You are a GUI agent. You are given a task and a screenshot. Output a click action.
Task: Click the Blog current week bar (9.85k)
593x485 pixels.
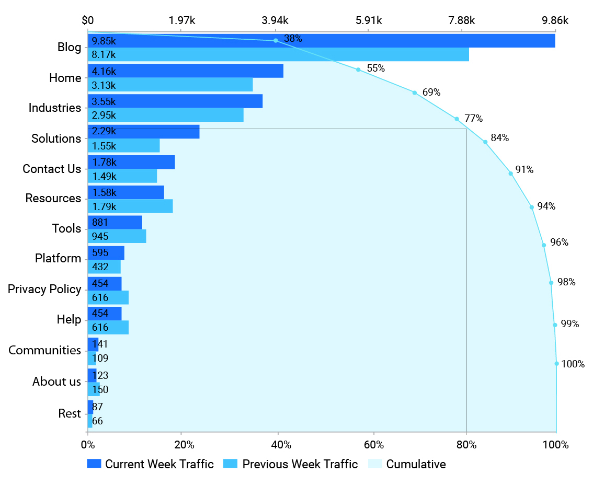coord(321,41)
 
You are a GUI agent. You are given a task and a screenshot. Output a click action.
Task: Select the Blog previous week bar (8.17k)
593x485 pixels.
coord(278,54)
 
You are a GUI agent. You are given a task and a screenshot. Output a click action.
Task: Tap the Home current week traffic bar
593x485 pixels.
coord(186,71)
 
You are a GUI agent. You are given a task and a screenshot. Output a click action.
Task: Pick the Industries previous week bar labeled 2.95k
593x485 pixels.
coord(166,115)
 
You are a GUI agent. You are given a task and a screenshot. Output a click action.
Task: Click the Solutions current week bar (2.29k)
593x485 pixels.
coord(144,132)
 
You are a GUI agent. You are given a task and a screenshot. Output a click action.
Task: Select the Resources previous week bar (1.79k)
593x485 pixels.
coord(130,206)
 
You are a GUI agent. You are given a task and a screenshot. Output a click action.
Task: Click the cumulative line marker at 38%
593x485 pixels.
coord(276,41)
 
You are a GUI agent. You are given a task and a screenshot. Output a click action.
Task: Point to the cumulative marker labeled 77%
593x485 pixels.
coord(457,119)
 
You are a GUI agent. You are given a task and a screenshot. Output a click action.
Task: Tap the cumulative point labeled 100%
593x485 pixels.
coord(556,364)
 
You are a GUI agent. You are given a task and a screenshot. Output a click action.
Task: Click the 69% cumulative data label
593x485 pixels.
coord(431,93)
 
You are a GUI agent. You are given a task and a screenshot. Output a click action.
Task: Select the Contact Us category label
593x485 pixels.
coord(52,169)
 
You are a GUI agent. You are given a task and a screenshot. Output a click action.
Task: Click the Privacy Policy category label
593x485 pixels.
coord(44,289)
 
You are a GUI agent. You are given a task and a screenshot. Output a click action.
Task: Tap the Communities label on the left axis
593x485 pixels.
coord(44,350)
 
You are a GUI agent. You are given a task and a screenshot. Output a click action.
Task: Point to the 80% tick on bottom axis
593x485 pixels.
coord(466,445)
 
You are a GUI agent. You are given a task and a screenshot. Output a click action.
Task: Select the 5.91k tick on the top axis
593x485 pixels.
coord(369,20)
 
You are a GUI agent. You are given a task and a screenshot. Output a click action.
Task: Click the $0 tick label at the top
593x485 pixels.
coord(88,20)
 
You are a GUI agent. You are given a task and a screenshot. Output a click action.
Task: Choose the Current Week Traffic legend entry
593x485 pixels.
coord(150,464)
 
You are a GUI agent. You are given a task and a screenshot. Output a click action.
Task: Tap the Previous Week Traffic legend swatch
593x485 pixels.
coord(230,464)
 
